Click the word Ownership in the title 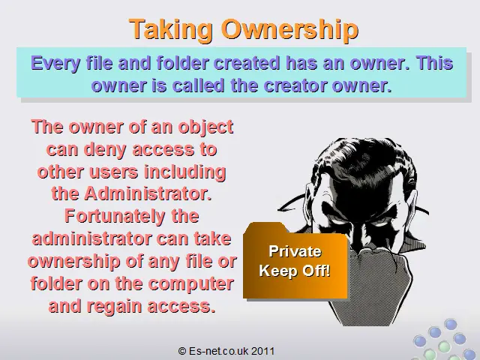click(289, 30)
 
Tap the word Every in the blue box click(56, 64)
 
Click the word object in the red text click(205, 127)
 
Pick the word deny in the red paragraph click(105, 150)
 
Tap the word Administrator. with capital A click(148, 193)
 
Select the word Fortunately click(115, 217)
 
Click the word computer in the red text click(190, 284)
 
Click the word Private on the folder click(295, 252)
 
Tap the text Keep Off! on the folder click(295, 271)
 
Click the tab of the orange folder click(265, 227)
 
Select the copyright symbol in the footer click(181, 351)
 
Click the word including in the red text click(185, 172)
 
